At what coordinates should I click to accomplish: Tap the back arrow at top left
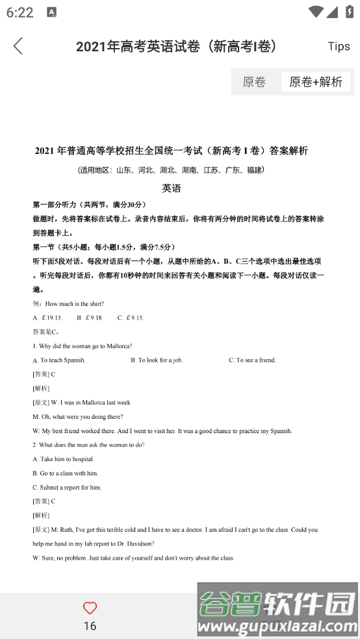[18, 46]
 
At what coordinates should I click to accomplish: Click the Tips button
[339, 46]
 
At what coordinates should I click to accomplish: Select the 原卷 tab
[254, 82]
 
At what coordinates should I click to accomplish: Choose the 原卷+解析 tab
[316, 82]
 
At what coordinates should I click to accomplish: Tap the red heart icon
[90, 608]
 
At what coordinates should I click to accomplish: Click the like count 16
[90, 626]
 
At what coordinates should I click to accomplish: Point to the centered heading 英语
[172, 188]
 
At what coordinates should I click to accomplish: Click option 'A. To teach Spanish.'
[59, 360]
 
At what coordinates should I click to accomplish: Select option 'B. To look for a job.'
[157, 360]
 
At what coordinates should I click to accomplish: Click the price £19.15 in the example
[51, 318]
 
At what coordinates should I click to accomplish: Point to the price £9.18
[94, 318]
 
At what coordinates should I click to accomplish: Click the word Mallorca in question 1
[118, 346]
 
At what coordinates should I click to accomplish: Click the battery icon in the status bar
[349, 12]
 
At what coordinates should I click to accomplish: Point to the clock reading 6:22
[19, 12]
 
